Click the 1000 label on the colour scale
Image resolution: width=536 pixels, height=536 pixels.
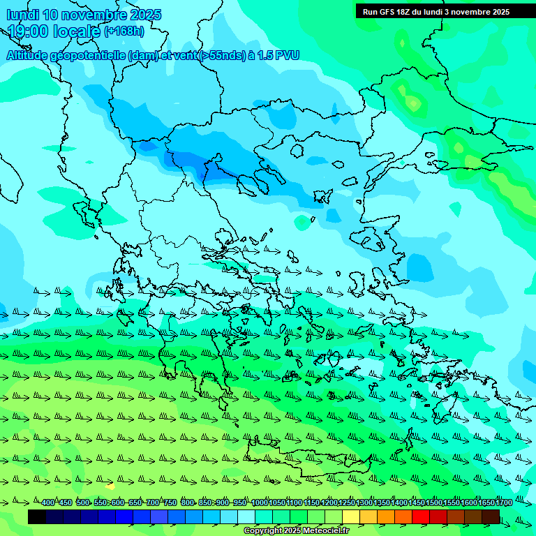[260, 502]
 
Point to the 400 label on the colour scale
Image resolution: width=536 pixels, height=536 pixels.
[47, 502]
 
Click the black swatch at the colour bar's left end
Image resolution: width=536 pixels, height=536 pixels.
[37, 516]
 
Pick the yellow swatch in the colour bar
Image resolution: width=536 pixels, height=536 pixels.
[351, 516]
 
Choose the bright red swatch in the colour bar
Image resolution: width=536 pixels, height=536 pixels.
[421, 516]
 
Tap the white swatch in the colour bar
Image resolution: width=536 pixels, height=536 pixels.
[246, 516]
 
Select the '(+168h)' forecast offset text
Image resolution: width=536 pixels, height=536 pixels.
[124, 31]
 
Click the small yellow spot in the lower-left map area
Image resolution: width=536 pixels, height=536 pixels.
[110, 485]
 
